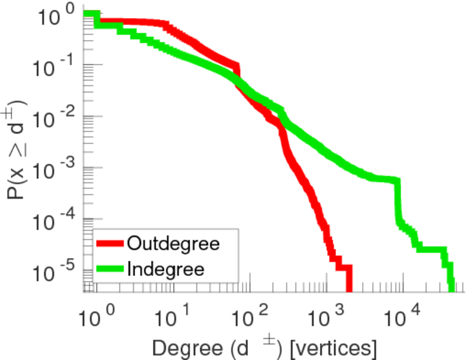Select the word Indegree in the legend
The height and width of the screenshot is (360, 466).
166,268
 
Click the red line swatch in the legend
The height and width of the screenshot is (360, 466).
110,244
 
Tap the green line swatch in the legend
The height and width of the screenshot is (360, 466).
110,268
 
